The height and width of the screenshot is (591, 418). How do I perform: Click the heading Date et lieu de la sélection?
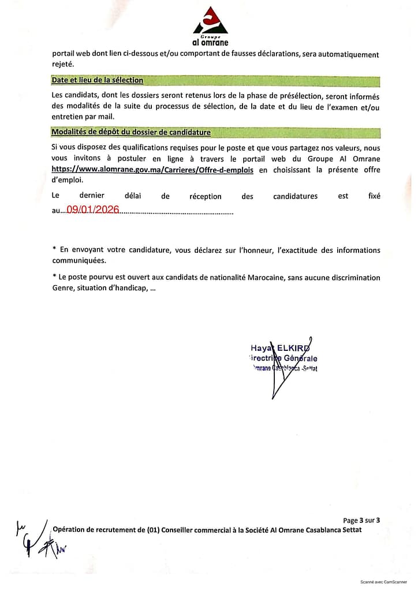tap(97, 80)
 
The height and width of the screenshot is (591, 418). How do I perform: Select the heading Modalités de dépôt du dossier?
tap(131, 132)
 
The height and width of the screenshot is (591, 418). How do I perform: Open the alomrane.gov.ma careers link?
tap(152, 170)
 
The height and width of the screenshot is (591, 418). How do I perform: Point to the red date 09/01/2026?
tap(93, 211)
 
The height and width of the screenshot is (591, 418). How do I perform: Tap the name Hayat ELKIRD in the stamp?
tap(279, 348)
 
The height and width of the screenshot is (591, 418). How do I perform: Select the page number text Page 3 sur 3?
tap(361, 520)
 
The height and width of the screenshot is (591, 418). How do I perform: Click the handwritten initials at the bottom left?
tap(36, 540)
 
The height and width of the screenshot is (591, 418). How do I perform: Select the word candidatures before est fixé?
tap(295, 196)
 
